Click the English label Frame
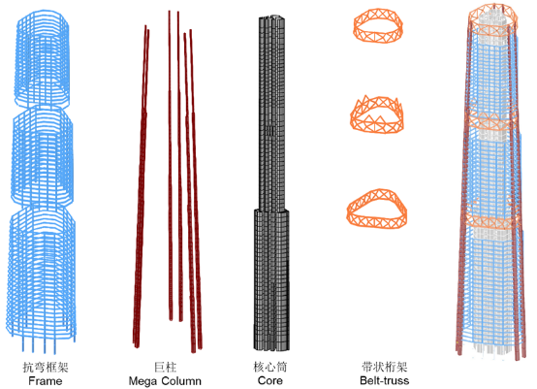[x=46, y=381]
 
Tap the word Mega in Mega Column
[x=142, y=381]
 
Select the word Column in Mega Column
[x=181, y=381]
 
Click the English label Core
[x=270, y=380]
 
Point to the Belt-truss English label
[x=384, y=380]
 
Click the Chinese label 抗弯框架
[x=46, y=367]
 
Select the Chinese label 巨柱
[x=165, y=367]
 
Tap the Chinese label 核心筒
[x=269, y=367]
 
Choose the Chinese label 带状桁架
[x=384, y=367]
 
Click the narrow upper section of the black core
[x=272, y=113]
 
